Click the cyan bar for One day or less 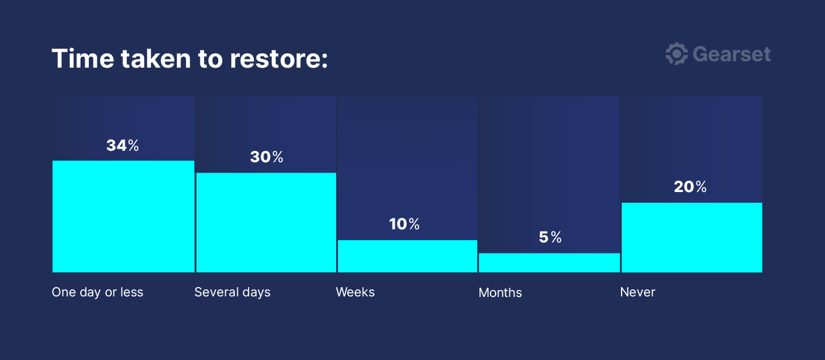123,217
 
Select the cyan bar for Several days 266,222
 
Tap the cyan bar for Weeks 407,256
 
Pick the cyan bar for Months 549,263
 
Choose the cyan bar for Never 692,238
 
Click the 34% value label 123,145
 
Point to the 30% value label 266,157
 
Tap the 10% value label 404,224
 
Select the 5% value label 550,237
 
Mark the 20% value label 690,186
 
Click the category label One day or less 97,292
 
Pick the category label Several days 233,292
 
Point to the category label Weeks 355,292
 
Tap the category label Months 500,292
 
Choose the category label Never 638,292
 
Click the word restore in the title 279,58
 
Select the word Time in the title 83,58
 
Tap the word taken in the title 156,58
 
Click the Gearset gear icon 677,54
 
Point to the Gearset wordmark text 732,54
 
